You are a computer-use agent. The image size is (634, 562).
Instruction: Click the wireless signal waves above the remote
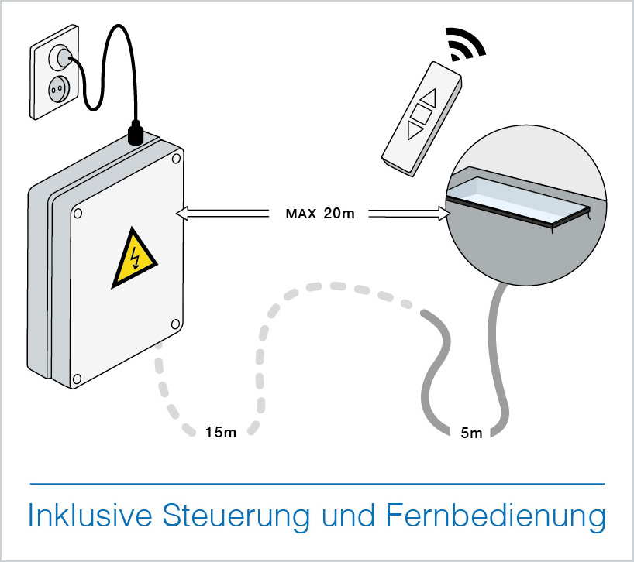pos(470,44)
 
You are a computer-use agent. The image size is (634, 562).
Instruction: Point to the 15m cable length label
pos(221,431)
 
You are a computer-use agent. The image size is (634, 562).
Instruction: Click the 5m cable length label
pos(471,433)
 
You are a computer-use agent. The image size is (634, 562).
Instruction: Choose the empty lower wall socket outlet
pos(55,87)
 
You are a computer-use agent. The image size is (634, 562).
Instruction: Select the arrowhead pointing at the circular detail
pos(445,213)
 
